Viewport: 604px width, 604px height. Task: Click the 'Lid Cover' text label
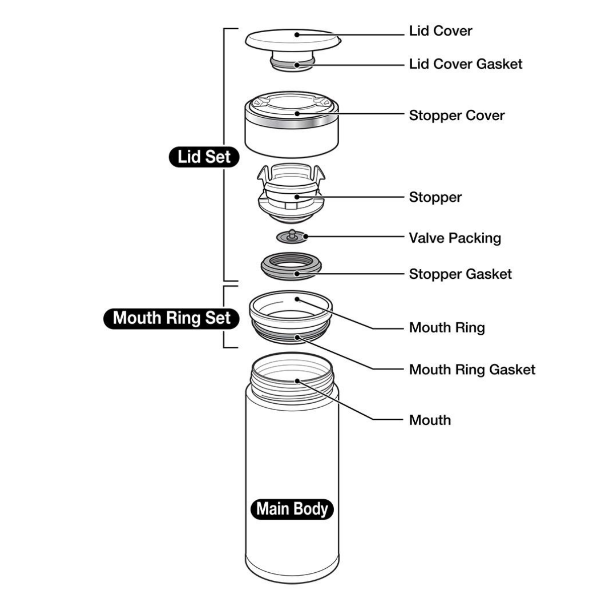[x=440, y=31]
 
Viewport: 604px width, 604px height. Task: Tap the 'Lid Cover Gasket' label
[x=466, y=64]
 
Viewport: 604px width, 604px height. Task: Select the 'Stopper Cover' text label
[x=457, y=116]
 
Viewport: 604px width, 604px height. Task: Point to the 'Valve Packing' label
[x=455, y=238]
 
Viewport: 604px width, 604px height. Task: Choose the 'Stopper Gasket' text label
[x=460, y=274]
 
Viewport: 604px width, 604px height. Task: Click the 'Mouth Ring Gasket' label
[x=472, y=370]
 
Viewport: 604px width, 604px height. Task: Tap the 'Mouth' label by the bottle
[x=430, y=420]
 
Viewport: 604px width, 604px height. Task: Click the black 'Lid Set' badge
[x=204, y=157]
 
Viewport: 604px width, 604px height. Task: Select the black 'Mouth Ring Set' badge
[x=171, y=318]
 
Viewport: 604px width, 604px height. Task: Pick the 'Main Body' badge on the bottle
[x=292, y=509]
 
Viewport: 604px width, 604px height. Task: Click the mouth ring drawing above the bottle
[x=291, y=317]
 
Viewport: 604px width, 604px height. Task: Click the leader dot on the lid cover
[x=297, y=35]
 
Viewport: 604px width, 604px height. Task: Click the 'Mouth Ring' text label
[x=447, y=328]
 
